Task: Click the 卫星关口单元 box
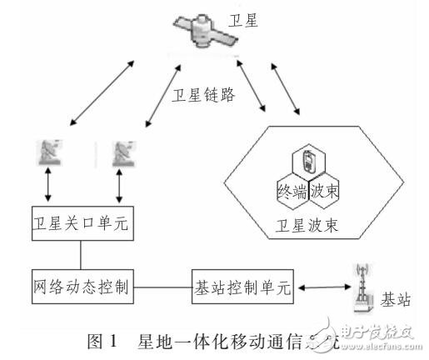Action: point(81,224)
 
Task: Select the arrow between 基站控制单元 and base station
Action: point(322,287)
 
